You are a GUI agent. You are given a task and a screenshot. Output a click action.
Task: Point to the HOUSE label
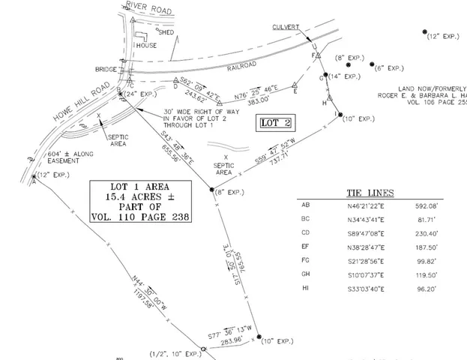(146, 45)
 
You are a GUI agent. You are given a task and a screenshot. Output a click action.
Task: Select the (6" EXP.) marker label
(390, 67)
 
